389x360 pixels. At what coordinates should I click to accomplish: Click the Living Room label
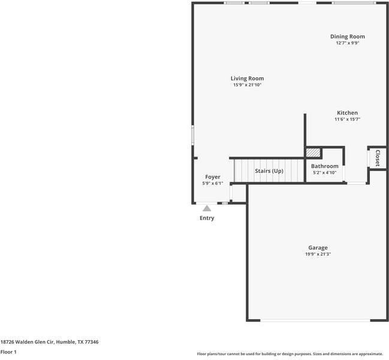click(x=247, y=79)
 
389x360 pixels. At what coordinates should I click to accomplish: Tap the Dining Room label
click(x=347, y=37)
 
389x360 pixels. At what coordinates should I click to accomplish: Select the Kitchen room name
click(x=347, y=113)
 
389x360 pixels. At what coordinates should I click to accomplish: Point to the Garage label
click(x=318, y=247)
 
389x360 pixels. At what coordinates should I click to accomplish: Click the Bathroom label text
click(x=324, y=166)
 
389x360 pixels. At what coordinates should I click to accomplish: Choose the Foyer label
click(x=212, y=177)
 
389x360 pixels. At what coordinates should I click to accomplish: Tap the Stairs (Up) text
click(x=269, y=171)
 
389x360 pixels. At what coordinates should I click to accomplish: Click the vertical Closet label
click(x=378, y=158)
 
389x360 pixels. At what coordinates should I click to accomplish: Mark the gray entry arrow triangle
click(x=207, y=208)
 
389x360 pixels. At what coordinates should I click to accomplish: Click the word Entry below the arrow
click(x=207, y=218)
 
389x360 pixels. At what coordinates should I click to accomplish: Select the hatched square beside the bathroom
click(x=313, y=152)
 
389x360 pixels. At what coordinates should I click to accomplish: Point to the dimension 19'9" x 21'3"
click(x=318, y=254)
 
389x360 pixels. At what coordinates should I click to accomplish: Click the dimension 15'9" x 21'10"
click(x=247, y=85)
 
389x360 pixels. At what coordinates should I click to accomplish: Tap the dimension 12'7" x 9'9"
click(x=347, y=43)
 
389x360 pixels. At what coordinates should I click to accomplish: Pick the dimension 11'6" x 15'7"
click(x=347, y=119)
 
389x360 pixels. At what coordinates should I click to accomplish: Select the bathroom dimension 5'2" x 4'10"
click(x=324, y=173)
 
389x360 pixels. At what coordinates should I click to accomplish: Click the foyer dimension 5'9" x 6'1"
click(x=212, y=184)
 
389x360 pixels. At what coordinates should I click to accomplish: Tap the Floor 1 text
click(x=8, y=352)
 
